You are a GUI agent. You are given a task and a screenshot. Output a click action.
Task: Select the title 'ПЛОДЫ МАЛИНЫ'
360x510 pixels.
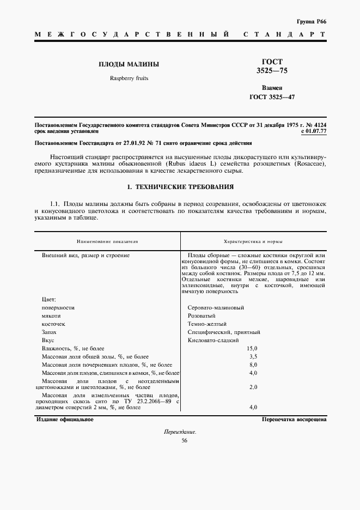coord(129,64)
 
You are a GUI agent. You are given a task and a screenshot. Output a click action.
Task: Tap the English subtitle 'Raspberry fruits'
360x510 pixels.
coord(129,78)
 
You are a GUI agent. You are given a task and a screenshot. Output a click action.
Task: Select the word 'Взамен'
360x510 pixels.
coord(271,87)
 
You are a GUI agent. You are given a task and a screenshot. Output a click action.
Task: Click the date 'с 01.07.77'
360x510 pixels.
coord(313,131)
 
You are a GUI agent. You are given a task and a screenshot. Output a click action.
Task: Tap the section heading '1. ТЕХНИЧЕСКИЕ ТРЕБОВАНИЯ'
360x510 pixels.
coord(180,187)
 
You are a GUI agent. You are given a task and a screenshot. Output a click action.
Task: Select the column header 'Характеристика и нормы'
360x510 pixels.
coord(253,240)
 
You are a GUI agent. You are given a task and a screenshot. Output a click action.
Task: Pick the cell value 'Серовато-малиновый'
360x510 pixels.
coord(216,307)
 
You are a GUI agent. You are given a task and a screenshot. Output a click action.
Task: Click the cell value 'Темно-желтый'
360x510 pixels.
coord(207,324)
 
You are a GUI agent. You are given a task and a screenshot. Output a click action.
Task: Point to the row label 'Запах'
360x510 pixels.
coord(49,332)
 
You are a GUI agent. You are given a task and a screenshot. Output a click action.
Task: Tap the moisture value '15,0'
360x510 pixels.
coord(252,348)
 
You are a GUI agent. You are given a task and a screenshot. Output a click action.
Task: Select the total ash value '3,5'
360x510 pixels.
coord(252,356)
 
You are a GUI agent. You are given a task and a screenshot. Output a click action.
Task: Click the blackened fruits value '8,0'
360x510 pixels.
coord(252,365)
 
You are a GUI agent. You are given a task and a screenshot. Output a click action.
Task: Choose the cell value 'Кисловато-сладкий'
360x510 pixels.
coord(213,340)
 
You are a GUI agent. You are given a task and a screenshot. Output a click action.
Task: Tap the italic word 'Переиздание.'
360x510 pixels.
coord(180,432)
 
